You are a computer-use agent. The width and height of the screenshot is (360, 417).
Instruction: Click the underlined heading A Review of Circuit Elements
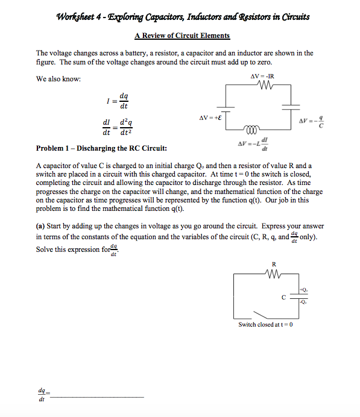tap(180, 36)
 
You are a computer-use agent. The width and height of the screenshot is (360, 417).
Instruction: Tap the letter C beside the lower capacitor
tap(283, 297)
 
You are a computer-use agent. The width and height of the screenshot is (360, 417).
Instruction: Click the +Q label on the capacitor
tap(305, 290)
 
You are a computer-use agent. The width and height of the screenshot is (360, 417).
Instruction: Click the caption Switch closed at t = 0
tap(265, 325)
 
